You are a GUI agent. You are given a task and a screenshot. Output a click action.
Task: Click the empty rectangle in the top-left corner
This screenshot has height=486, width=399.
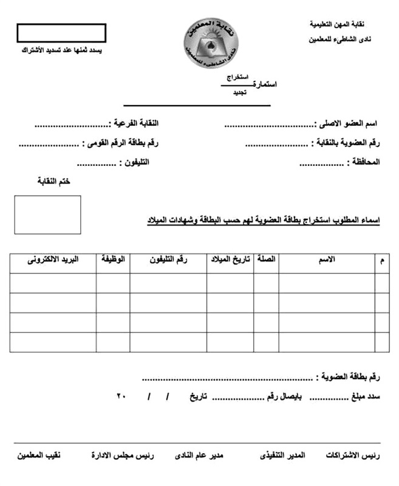pos(61,33)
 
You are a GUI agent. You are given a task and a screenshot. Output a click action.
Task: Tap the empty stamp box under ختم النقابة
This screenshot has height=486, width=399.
pos(47,214)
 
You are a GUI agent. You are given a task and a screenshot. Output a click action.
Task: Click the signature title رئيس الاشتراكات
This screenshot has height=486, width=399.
pos(354,455)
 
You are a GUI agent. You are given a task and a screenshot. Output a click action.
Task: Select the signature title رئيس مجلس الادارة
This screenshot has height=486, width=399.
pos(123,455)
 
